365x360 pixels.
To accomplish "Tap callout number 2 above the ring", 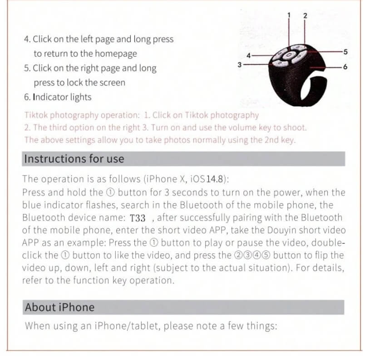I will (x=305, y=15).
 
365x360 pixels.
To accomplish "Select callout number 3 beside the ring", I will (x=239, y=65).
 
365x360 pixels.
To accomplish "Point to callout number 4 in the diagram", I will (x=248, y=55).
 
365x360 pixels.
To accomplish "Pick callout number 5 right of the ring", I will (x=345, y=52).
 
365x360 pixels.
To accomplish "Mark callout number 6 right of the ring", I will (x=345, y=67).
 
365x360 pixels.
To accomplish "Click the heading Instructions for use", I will (x=74, y=159).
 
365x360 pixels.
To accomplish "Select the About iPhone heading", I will (x=59, y=307).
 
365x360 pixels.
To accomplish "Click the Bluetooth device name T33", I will (x=138, y=218).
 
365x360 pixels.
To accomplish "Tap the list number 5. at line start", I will (x=27, y=68).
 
